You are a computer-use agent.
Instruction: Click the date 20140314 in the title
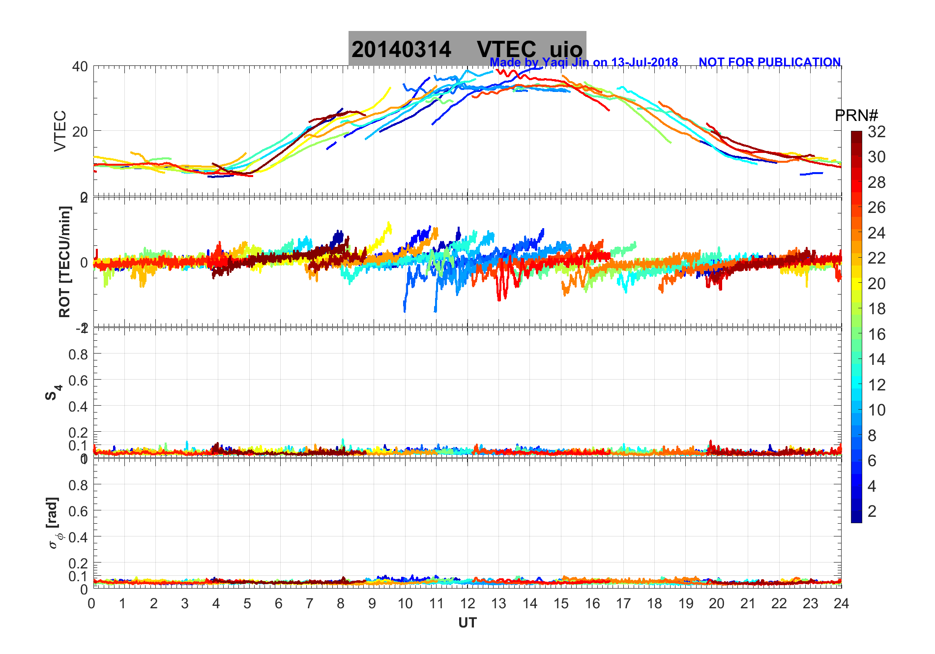401,50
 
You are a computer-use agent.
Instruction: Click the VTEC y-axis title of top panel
60,131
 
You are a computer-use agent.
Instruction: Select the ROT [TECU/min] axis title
65,262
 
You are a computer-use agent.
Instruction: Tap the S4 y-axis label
54,392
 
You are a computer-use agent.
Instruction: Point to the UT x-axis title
467,623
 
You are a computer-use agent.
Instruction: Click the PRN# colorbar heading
856,116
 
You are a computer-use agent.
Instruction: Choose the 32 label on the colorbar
877,132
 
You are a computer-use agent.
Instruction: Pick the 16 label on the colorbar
877,334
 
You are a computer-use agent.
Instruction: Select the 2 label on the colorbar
872,511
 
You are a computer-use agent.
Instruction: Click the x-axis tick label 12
467,603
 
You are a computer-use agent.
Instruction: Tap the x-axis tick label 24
841,603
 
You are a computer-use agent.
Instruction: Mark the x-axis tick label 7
310,603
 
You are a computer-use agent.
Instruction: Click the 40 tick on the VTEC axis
80,66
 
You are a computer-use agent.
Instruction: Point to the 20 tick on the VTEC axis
80,131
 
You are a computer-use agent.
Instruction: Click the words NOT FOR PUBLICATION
769,62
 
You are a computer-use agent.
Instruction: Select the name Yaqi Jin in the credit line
565,62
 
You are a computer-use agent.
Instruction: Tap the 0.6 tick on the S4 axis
79,380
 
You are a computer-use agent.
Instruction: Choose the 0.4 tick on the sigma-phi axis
79,537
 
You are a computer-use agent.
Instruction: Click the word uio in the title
566,50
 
